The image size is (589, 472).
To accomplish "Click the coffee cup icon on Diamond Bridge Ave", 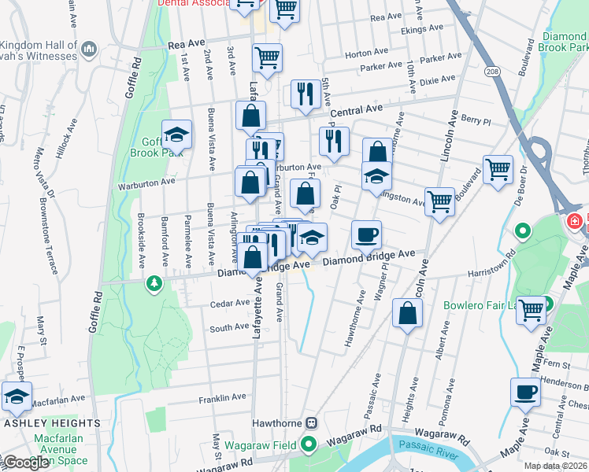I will pyautogui.click(x=365, y=234).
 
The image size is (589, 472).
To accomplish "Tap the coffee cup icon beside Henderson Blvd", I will pyautogui.click(x=525, y=392).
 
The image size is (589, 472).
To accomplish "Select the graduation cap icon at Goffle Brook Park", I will pyautogui.click(x=177, y=135).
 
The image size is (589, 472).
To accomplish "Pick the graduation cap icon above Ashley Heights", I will pyautogui.click(x=17, y=398).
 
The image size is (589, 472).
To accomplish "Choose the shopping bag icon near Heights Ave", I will pyautogui.click(x=407, y=314).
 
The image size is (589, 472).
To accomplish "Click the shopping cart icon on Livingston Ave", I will pyautogui.click(x=439, y=201).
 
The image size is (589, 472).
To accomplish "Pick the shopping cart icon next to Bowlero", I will pyautogui.click(x=531, y=310).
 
